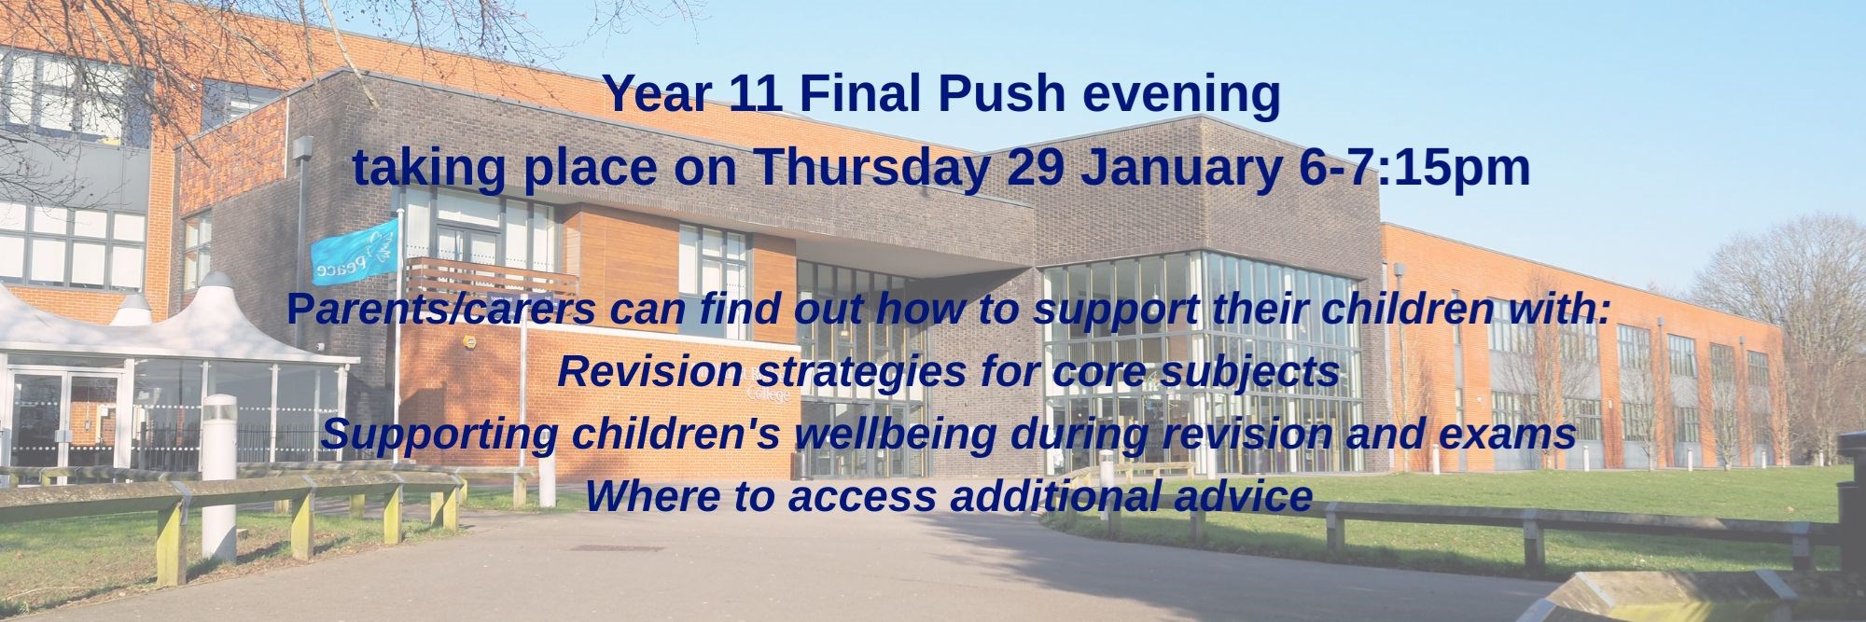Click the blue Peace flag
pos(355,251)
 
